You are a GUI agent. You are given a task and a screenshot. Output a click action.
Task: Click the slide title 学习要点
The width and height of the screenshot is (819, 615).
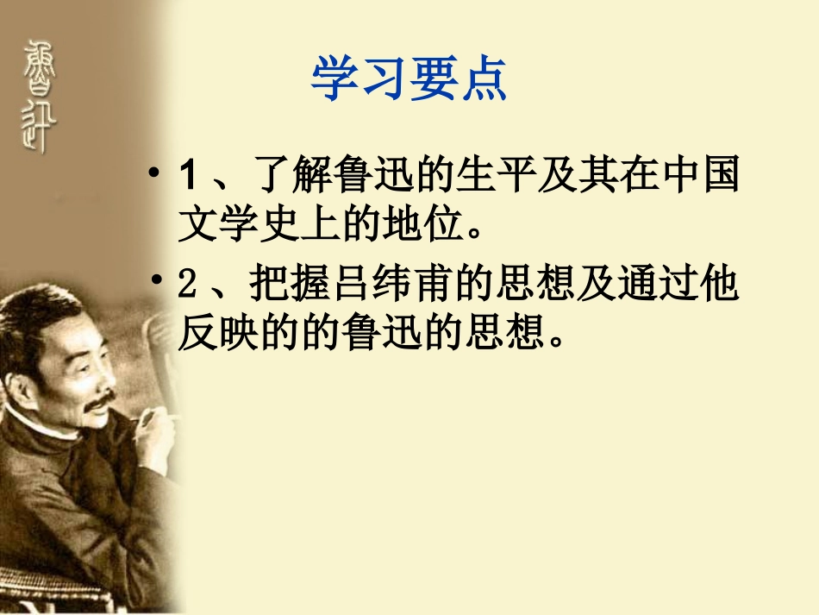click(409, 79)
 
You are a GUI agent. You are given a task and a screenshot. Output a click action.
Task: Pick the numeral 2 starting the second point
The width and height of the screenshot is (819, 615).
click(188, 286)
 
